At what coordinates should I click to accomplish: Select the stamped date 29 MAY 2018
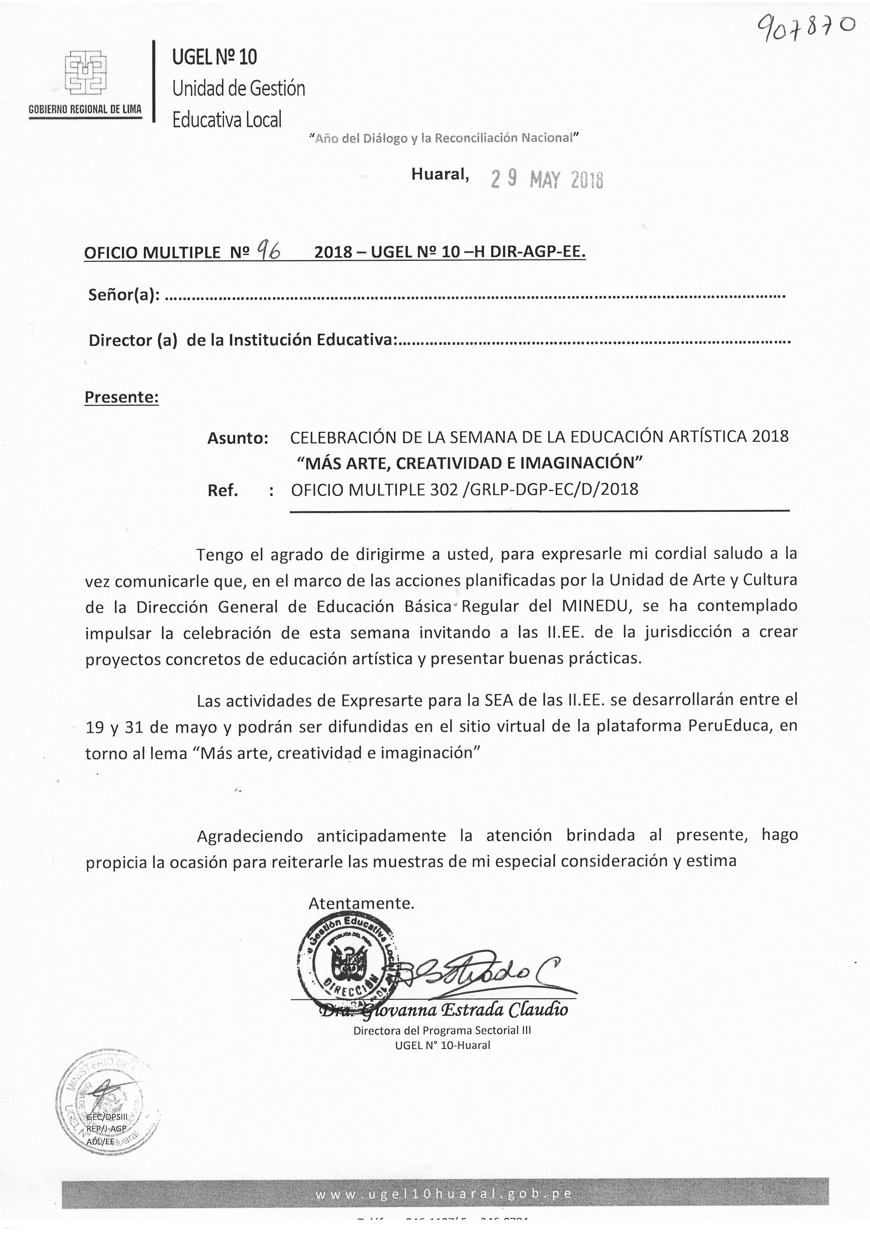[x=547, y=179]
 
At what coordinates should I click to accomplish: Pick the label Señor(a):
[x=124, y=295]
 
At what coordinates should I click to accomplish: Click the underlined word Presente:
[x=122, y=397]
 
